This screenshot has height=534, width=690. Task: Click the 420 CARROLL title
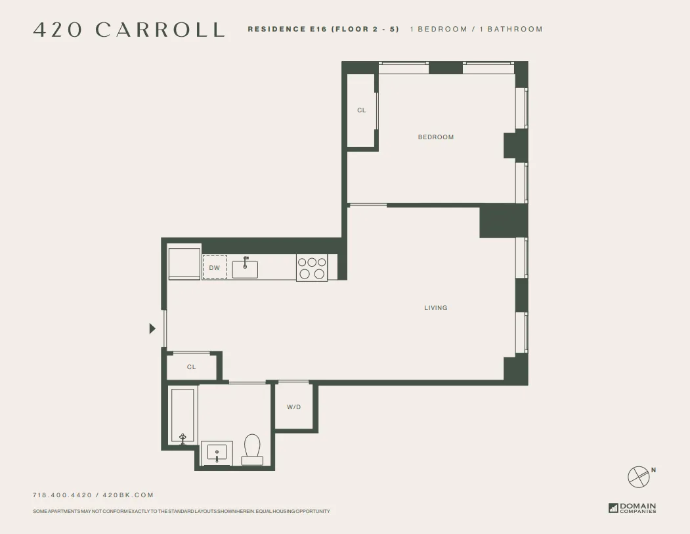129,30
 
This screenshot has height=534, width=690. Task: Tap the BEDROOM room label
436,137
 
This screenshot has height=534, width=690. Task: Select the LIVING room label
436,308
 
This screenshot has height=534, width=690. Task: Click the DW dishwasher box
215,267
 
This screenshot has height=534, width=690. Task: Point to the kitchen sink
245,269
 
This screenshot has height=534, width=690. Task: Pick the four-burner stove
312,268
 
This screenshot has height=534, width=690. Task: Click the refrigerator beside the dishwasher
184,263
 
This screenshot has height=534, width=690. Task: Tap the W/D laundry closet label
294,407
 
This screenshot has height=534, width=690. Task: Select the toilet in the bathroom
252,449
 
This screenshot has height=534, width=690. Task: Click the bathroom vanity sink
217,453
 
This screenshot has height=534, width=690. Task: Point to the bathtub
183,416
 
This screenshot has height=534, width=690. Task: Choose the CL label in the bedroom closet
362,110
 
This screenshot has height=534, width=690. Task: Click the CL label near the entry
192,367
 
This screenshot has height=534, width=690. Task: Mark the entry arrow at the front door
152,328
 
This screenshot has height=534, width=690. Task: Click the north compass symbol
639,476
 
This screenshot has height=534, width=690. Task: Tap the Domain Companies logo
632,508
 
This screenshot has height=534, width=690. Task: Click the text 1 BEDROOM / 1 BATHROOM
476,30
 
